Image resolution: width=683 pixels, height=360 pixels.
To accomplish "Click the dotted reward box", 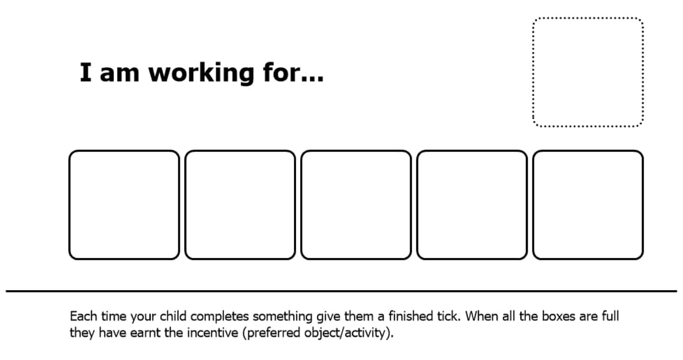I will coord(588,72).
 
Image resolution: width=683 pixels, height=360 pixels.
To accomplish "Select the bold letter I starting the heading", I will coord(85,72).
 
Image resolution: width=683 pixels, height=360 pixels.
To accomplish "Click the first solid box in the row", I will coord(124,205).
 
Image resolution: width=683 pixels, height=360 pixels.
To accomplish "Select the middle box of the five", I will coord(356,205).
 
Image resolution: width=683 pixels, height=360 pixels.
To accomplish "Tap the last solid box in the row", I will coord(588,205).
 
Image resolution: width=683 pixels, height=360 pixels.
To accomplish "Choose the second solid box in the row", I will coord(240,205).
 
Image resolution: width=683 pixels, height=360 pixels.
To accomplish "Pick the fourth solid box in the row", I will coord(472,205).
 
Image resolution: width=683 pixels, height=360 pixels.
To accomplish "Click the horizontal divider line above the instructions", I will coord(341,291).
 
